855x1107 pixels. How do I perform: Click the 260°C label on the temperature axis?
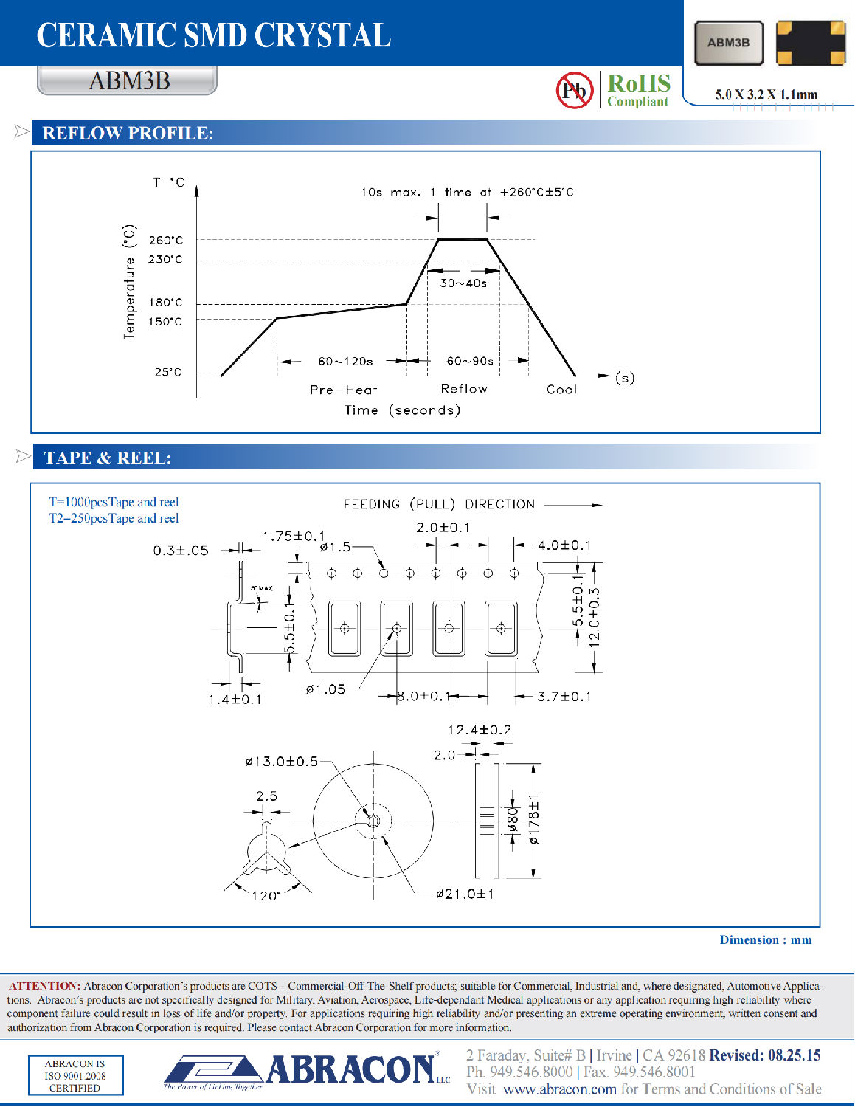[x=165, y=240]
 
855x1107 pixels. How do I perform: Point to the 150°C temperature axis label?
[x=165, y=322]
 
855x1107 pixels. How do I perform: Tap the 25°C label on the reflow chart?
[x=168, y=372]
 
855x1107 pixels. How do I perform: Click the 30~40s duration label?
[x=463, y=283]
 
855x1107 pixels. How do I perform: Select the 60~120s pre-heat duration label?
[x=345, y=361]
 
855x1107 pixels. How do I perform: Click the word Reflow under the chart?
[x=464, y=389]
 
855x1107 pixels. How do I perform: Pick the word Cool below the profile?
[x=561, y=389]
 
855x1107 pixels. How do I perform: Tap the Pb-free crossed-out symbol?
[x=575, y=90]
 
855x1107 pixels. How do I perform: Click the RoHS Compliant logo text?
[x=639, y=89]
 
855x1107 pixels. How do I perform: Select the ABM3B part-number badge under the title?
[x=128, y=80]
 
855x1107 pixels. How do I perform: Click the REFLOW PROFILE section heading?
[x=128, y=133]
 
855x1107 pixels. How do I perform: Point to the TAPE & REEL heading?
[x=108, y=458]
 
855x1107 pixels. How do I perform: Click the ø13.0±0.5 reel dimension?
[x=281, y=761]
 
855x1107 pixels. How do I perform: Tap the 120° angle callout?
[x=266, y=896]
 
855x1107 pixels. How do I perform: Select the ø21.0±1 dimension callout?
[x=465, y=894]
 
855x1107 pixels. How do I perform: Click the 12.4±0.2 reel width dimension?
[x=480, y=729]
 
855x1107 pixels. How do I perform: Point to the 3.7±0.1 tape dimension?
[x=564, y=697]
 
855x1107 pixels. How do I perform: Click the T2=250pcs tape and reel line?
[x=114, y=518]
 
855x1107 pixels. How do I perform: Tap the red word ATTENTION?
[x=44, y=986]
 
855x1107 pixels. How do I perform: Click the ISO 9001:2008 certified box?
[x=75, y=1075]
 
